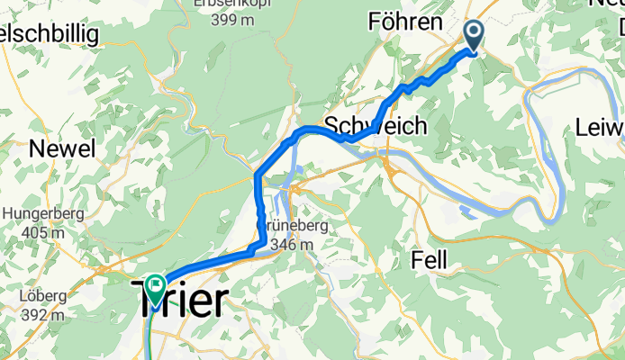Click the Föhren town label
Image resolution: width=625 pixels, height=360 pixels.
click(x=405, y=21)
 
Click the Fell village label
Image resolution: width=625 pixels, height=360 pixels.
click(x=430, y=260)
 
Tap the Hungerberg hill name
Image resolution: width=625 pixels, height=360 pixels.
click(x=44, y=214)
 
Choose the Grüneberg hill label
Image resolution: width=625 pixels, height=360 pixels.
click(x=294, y=225)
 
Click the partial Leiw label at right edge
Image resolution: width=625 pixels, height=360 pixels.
click(x=601, y=128)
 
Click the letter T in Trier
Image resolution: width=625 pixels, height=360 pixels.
click(x=148, y=298)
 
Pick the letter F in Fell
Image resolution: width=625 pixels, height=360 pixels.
click(x=416, y=260)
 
